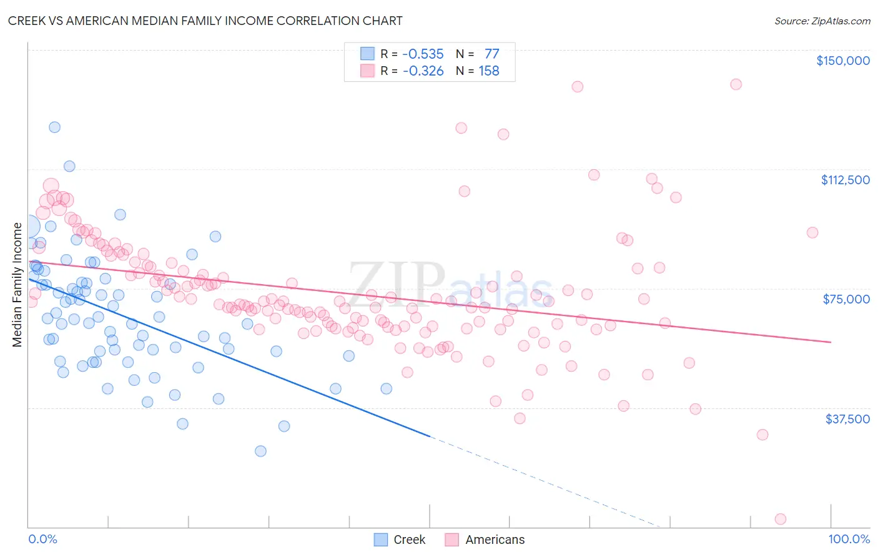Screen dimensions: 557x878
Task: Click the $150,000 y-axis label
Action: pos(842,61)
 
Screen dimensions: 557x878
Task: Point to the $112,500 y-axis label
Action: pos(845,180)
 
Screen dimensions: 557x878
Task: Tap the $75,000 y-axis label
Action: pos(846,299)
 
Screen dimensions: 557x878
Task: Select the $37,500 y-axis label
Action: pos(847,419)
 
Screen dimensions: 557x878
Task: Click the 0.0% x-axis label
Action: pos(42,539)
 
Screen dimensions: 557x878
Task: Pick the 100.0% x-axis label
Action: pos(849,539)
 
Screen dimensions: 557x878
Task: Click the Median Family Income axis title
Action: pos(17,285)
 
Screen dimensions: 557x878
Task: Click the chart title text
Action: pos(205,21)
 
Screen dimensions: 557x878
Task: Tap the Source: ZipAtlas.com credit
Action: pos(822,21)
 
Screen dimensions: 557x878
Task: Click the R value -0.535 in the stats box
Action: pos(423,54)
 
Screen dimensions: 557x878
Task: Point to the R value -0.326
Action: pos(423,71)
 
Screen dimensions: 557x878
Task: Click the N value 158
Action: pos(489,71)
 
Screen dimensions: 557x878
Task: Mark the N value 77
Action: pos(491,54)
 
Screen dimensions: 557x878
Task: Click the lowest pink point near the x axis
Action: pos(780,519)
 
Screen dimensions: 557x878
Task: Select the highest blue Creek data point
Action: pos(54,127)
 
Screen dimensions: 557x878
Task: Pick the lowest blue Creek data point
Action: pos(260,451)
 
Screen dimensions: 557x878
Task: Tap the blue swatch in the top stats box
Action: pos(367,54)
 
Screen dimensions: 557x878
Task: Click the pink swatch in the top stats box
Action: pos(367,71)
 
